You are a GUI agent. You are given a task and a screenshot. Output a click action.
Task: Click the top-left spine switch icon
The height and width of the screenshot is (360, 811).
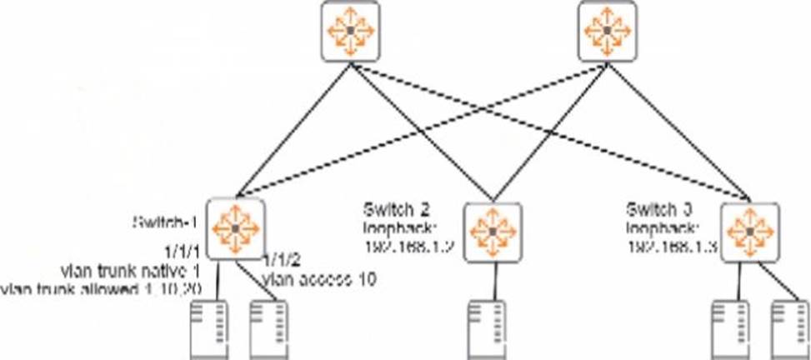(x=350, y=31)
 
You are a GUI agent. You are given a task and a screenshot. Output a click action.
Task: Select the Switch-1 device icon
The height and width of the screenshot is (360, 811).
(x=236, y=227)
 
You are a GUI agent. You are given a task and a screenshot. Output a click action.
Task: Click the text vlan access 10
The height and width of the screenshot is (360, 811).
(x=318, y=280)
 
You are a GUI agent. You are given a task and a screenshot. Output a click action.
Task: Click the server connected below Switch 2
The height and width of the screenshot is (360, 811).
(x=486, y=329)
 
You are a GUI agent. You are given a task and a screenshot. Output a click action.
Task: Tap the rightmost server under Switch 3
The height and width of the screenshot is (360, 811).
(x=789, y=329)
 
